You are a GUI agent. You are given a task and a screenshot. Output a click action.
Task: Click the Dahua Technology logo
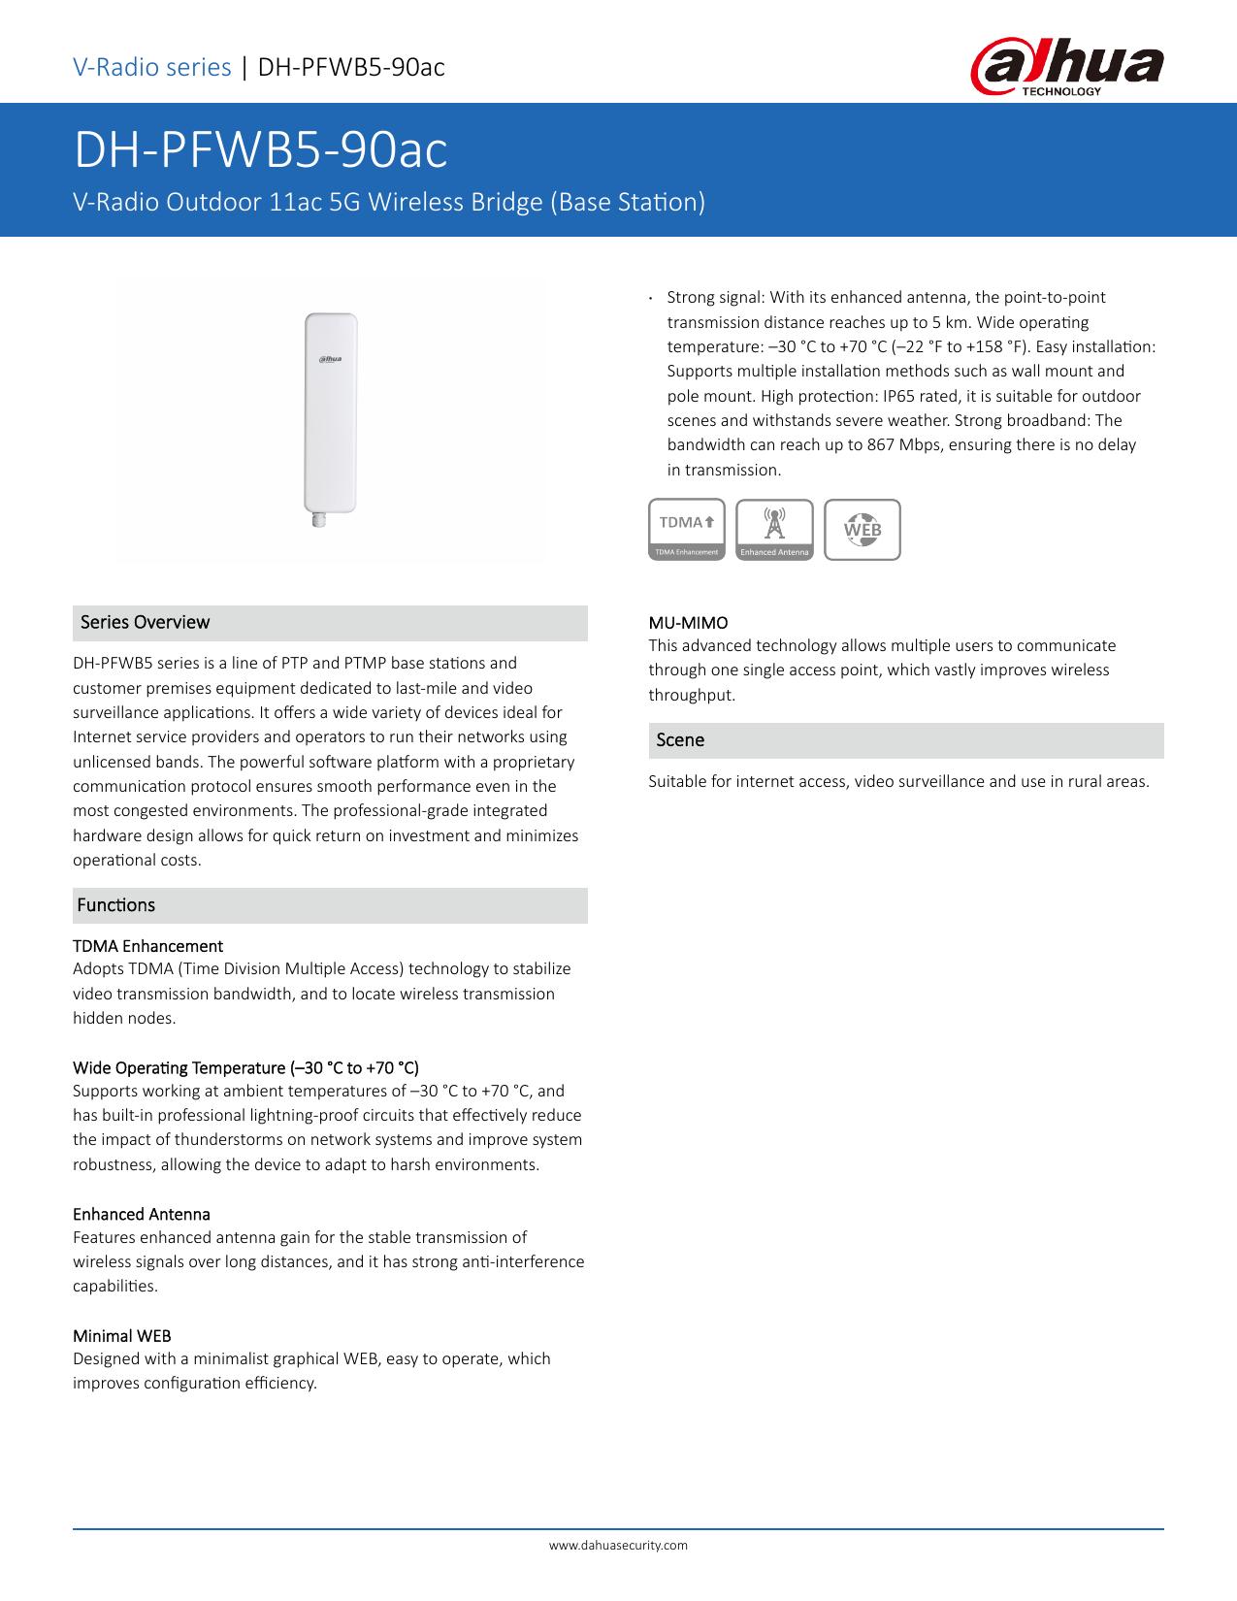point(1066,68)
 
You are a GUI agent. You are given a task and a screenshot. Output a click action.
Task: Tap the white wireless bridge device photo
point(330,412)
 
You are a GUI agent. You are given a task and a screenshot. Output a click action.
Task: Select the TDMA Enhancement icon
point(687,530)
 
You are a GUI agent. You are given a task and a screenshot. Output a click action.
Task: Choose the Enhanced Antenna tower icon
point(774,530)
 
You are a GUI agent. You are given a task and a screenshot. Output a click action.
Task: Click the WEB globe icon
point(862,530)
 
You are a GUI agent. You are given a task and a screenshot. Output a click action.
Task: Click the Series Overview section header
point(145,622)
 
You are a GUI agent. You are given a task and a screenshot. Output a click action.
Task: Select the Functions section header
point(115,905)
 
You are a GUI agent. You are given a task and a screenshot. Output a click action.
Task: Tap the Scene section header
point(680,740)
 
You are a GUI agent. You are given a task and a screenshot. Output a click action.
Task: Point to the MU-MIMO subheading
point(688,623)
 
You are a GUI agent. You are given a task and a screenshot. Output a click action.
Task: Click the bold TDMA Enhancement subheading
point(147,946)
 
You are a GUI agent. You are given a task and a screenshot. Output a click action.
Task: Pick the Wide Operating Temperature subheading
point(245,1068)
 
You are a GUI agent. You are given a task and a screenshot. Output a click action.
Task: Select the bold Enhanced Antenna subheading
point(142,1215)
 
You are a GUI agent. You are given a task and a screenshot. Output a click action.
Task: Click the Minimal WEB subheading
point(121,1336)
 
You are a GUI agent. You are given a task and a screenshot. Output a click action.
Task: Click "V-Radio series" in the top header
point(152,67)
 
